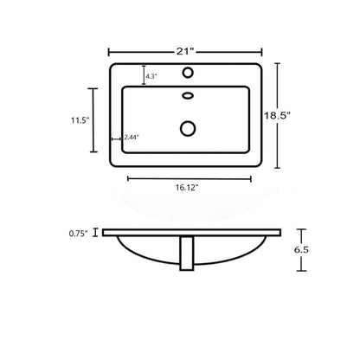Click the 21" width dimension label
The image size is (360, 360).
tap(185, 51)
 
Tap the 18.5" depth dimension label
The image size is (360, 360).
tap(277, 116)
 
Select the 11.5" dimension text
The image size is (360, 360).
tap(80, 120)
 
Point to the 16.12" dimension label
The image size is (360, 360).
tap(187, 188)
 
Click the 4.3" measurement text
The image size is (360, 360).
tap(151, 76)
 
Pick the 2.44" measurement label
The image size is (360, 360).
tap(132, 138)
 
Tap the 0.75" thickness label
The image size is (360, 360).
tap(78, 234)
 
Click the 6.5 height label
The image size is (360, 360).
tap(301, 250)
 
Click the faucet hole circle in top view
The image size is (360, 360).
tap(188, 73)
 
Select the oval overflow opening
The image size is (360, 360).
tap(188, 95)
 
